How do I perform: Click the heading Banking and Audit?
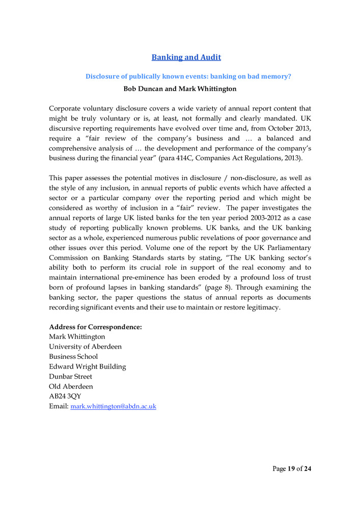pos(186,58)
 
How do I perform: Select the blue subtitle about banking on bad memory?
pos(188,76)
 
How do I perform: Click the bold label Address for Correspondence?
pos(95,327)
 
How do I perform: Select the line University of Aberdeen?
pos(85,347)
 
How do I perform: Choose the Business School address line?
pos(73,357)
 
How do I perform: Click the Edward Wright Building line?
pos(87,366)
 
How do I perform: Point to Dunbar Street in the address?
pos(70,377)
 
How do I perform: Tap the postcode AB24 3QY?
pos(65,397)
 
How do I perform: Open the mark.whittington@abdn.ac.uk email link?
pos(113,407)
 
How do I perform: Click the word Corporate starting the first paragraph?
pos(66,108)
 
